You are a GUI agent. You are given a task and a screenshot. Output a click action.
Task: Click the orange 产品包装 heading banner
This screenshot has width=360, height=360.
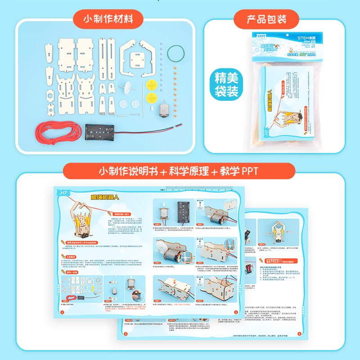(266, 19)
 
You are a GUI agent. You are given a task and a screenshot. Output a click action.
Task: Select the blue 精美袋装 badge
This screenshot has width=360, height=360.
(227, 84)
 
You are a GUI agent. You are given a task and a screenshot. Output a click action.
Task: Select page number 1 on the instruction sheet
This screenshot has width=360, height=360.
(61, 311)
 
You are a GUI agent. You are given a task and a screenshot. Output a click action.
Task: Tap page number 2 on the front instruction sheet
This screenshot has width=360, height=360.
(235, 311)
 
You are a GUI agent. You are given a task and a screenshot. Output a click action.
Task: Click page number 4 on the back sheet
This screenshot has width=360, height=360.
(301, 333)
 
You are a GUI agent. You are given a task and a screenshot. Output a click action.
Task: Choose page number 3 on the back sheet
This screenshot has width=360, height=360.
(126, 333)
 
